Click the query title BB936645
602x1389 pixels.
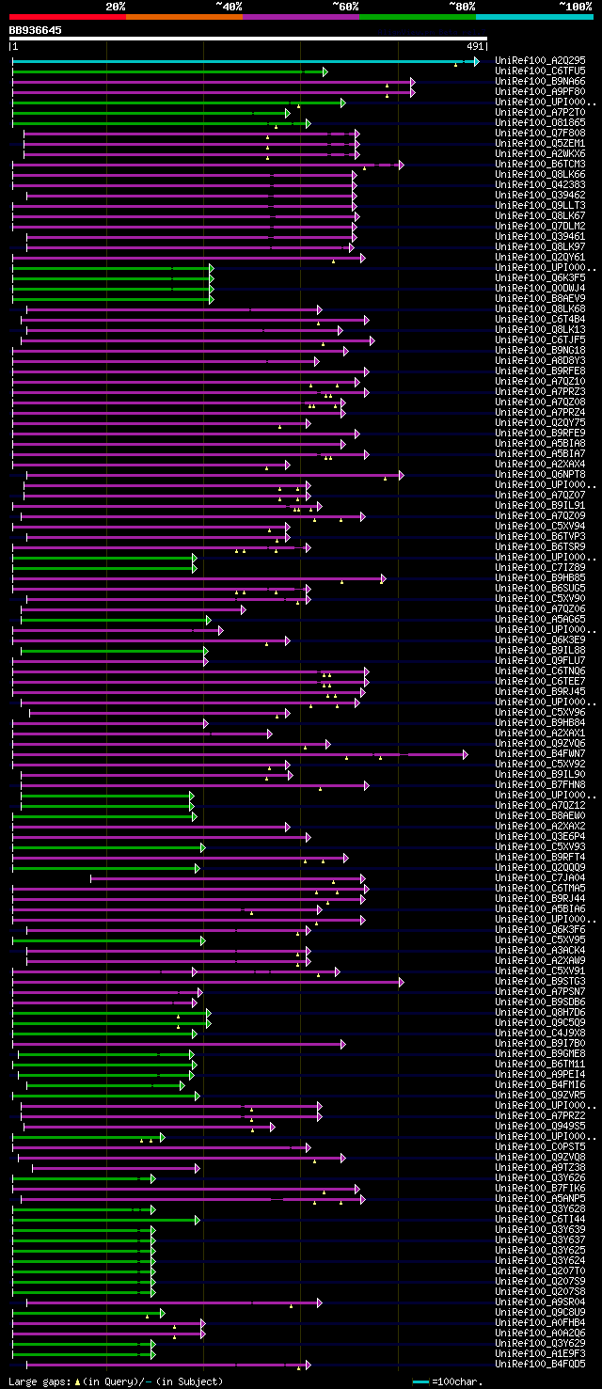(36, 30)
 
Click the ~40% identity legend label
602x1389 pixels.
(229, 6)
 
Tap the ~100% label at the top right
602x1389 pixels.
(576, 6)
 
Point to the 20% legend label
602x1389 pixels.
(116, 6)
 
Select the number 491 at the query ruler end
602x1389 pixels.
(475, 45)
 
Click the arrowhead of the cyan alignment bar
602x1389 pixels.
(477, 61)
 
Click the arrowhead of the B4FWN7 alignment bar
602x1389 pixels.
(465, 754)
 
